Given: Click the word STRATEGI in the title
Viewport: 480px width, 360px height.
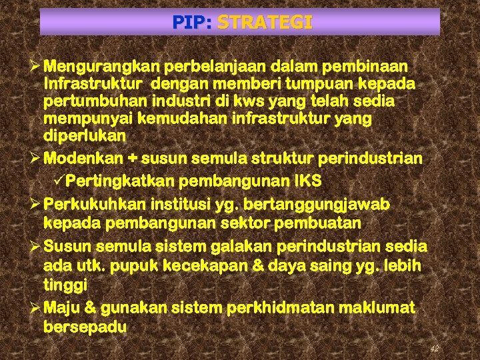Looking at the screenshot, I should tap(265, 23).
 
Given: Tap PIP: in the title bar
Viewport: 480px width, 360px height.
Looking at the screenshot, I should tap(192, 23).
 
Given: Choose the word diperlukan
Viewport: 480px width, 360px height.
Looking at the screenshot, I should tap(84, 135).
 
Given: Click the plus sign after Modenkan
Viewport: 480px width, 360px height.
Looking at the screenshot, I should tap(133, 159).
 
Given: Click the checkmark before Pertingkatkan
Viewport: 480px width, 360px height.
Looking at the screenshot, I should tap(59, 181).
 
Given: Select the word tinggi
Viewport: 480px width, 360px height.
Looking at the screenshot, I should tap(65, 285).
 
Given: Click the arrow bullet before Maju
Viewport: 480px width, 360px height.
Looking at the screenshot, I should tap(35, 308).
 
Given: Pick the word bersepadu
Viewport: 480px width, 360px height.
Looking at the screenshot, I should tap(85, 327).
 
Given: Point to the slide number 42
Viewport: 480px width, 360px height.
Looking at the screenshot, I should tap(434, 349).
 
